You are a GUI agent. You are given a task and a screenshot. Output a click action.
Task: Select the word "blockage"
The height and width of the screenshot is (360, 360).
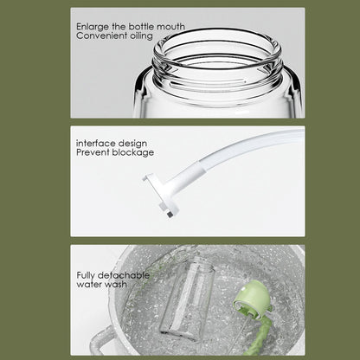pyautogui.click(x=133, y=152)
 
